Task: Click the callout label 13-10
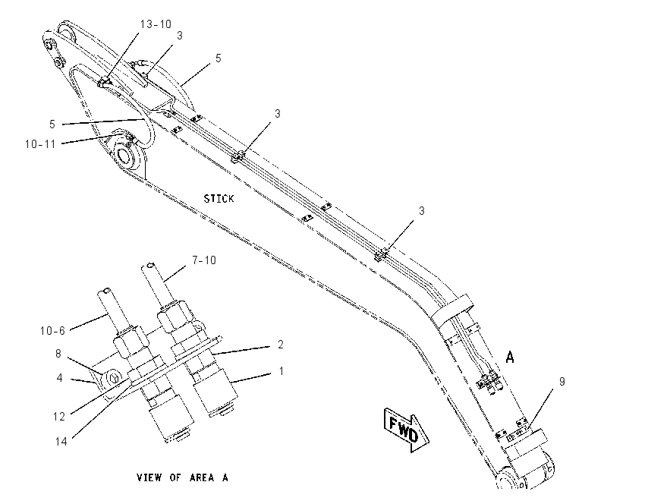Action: coord(156,24)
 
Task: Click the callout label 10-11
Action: coord(40,144)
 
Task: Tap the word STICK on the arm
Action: coord(219,199)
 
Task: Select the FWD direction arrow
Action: coord(407,430)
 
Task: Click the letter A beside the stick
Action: coord(510,357)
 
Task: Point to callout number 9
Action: coord(562,381)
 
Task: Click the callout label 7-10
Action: coord(204,260)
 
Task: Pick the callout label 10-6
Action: coord(52,330)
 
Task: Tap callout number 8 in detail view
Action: coord(58,354)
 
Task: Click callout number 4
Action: coord(60,378)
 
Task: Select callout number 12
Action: coord(59,417)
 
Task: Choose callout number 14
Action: coord(61,442)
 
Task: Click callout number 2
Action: coord(281,345)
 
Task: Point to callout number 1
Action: coord(282,371)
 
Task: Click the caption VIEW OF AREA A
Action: coord(182,477)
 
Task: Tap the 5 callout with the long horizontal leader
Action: coord(52,124)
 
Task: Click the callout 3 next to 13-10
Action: coord(180,36)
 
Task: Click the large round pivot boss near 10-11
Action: coord(127,156)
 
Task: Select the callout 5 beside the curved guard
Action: coord(218,58)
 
